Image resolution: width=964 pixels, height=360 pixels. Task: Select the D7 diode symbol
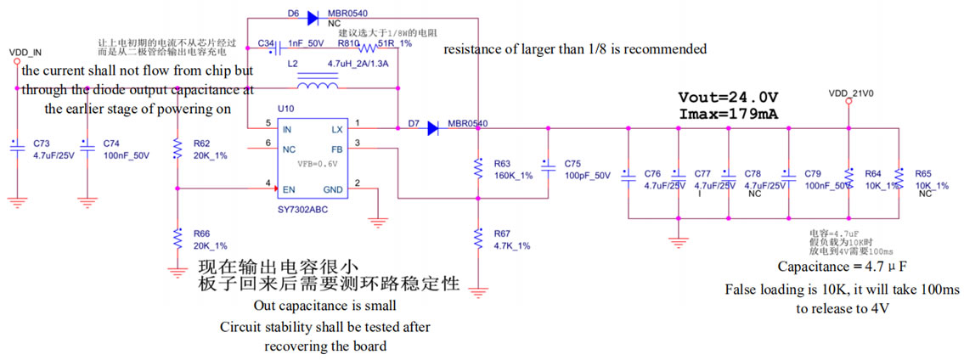(432, 128)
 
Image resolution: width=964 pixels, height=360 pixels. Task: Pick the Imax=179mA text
(729, 113)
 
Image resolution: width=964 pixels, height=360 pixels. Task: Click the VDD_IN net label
(25, 52)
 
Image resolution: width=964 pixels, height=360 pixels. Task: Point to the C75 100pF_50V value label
(586, 176)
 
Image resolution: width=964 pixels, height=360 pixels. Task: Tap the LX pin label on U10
(336, 129)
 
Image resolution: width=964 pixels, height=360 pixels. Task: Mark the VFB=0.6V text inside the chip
(317, 164)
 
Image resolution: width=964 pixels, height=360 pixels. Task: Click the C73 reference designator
(42, 144)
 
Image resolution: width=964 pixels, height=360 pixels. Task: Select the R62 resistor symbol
(177, 149)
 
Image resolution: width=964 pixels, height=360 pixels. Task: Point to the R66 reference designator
(201, 233)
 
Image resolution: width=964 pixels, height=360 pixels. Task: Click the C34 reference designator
(265, 42)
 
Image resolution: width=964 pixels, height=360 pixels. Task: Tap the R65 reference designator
(923, 173)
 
